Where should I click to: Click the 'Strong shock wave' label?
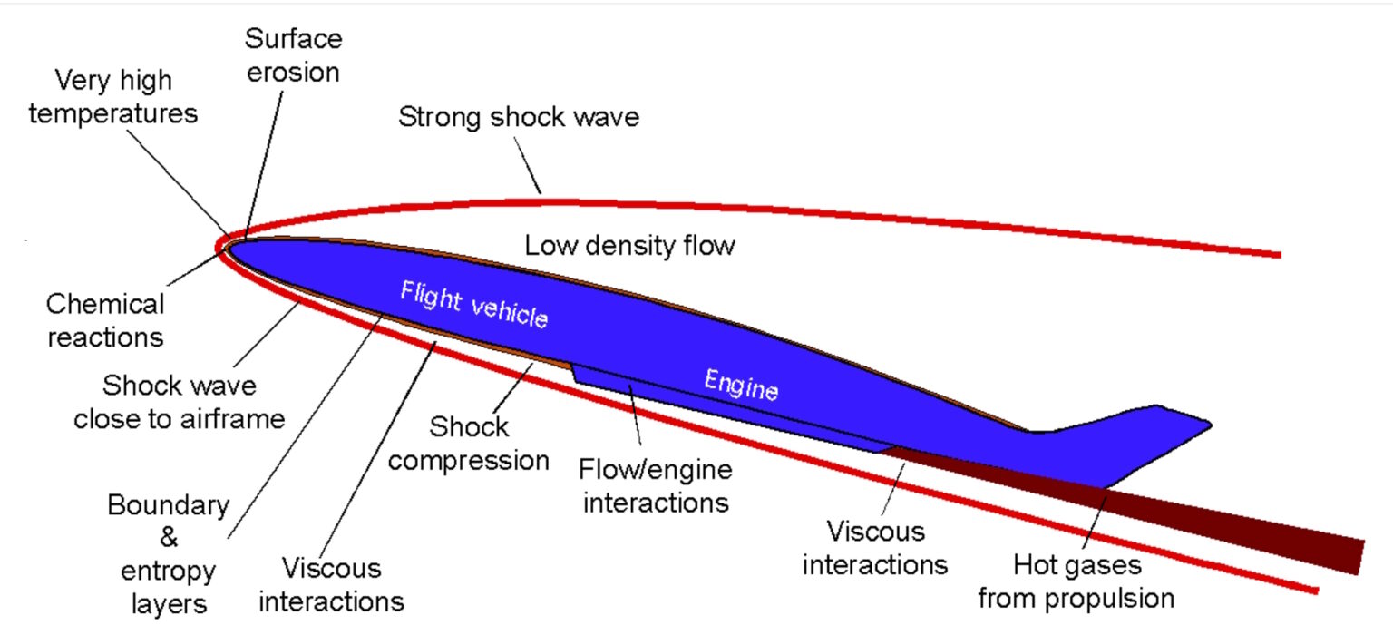click(519, 118)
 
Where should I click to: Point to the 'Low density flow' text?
click(629, 246)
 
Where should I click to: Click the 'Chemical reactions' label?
click(105, 319)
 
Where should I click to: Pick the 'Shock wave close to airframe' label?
click(180, 402)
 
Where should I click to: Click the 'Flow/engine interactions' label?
click(656, 485)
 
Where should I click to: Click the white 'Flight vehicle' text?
click(474, 305)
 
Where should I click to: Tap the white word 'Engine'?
click(741, 385)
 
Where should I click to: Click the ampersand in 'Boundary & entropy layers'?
click(169, 538)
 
